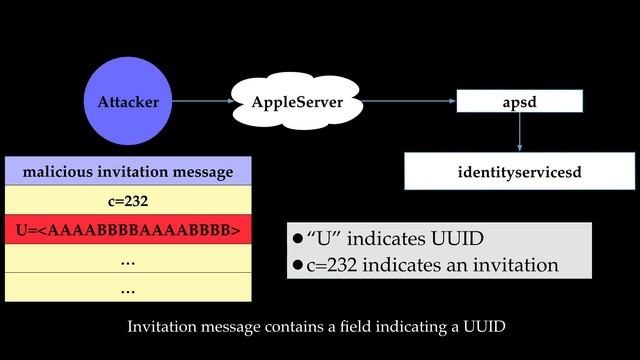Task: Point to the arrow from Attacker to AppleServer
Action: (204, 102)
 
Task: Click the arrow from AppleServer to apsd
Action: (405, 102)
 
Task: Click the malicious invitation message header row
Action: (127, 172)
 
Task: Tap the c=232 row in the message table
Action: (127, 201)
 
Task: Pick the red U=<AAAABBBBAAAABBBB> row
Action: (127, 231)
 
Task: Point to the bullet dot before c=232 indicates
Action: (297, 266)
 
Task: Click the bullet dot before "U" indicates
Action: (297, 240)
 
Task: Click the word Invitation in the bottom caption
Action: (165, 327)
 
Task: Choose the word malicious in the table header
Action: (58, 172)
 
